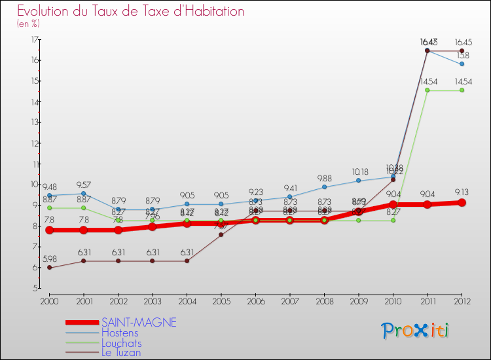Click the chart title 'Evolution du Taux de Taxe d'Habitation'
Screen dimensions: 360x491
click(x=131, y=11)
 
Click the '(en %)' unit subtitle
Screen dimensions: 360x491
click(x=29, y=24)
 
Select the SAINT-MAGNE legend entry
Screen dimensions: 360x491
click(x=139, y=323)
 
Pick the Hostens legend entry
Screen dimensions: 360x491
click(x=120, y=333)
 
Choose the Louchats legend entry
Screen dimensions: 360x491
click(x=121, y=342)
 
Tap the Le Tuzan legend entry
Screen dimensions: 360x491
click(x=121, y=352)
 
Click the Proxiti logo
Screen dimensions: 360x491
click(x=416, y=331)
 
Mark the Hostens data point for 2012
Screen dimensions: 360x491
click(x=462, y=64)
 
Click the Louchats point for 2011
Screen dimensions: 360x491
click(x=427, y=90)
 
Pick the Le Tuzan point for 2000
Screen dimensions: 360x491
click(x=49, y=268)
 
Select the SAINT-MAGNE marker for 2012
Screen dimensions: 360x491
click(x=462, y=203)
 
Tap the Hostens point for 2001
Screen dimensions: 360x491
click(x=83, y=194)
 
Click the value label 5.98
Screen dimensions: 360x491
click(x=49, y=259)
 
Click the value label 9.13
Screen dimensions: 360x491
click(x=462, y=192)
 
